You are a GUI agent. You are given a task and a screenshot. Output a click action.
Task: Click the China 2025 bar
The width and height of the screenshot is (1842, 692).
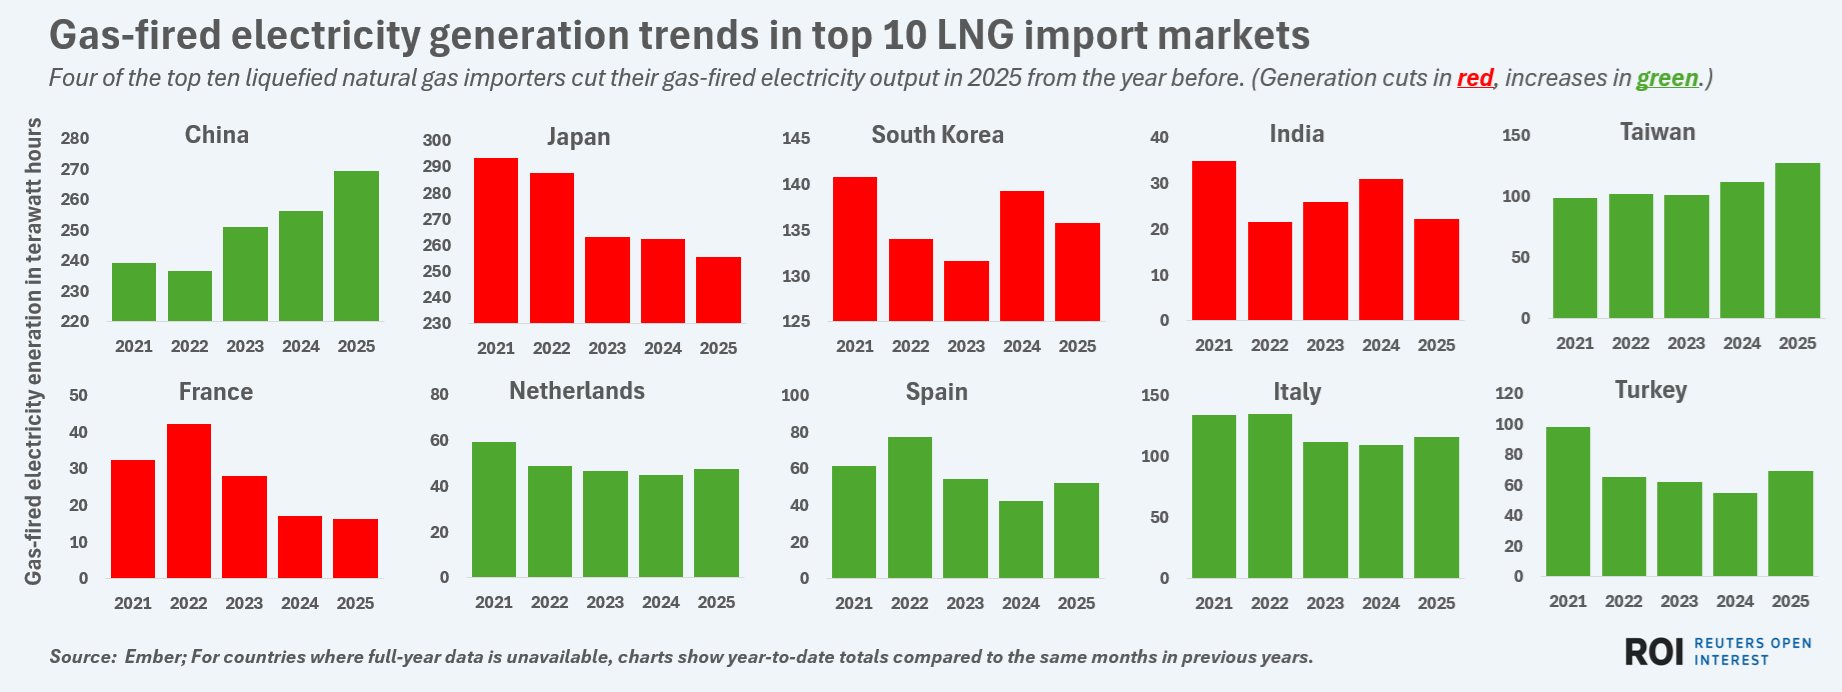tap(356, 246)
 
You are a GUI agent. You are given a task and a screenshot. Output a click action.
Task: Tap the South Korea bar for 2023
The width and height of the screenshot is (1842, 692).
tap(966, 291)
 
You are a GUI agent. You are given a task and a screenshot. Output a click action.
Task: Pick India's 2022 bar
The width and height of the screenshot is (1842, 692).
tap(1269, 271)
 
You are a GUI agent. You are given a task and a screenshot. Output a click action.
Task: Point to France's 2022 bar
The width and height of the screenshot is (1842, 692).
tap(188, 501)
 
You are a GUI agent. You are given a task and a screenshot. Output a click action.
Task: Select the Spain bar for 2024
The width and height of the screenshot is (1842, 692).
tap(1020, 539)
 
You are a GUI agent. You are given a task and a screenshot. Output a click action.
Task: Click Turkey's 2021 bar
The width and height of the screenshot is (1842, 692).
tap(1567, 501)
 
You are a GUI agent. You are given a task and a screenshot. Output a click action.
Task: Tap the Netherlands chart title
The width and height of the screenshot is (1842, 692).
tap(577, 391)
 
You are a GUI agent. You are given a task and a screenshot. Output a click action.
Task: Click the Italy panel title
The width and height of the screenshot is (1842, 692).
tap(1297, 392)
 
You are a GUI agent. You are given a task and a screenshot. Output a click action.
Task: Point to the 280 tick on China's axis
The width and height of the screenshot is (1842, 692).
tap(75, 139)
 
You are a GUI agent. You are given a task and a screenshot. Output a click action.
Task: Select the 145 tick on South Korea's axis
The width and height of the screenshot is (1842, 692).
tap(796, 138)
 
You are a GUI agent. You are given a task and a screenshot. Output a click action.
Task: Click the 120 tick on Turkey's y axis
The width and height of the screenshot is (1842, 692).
tap(1509, 393)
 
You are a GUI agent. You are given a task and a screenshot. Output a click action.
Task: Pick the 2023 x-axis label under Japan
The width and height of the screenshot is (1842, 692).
tap(606, 348)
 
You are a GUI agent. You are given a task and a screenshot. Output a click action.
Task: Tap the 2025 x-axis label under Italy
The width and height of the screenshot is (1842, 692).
tap(1436, 603)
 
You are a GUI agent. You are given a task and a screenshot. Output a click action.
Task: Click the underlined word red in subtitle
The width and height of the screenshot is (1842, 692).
tap(1475, 78)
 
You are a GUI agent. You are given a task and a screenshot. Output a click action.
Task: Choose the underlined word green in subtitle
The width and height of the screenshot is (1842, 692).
tap(1667, 78)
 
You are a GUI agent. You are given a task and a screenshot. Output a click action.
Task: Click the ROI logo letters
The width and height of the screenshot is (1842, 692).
tap(1654, 652)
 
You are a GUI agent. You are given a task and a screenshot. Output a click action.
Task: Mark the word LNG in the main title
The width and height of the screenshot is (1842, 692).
tap(974, 36)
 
